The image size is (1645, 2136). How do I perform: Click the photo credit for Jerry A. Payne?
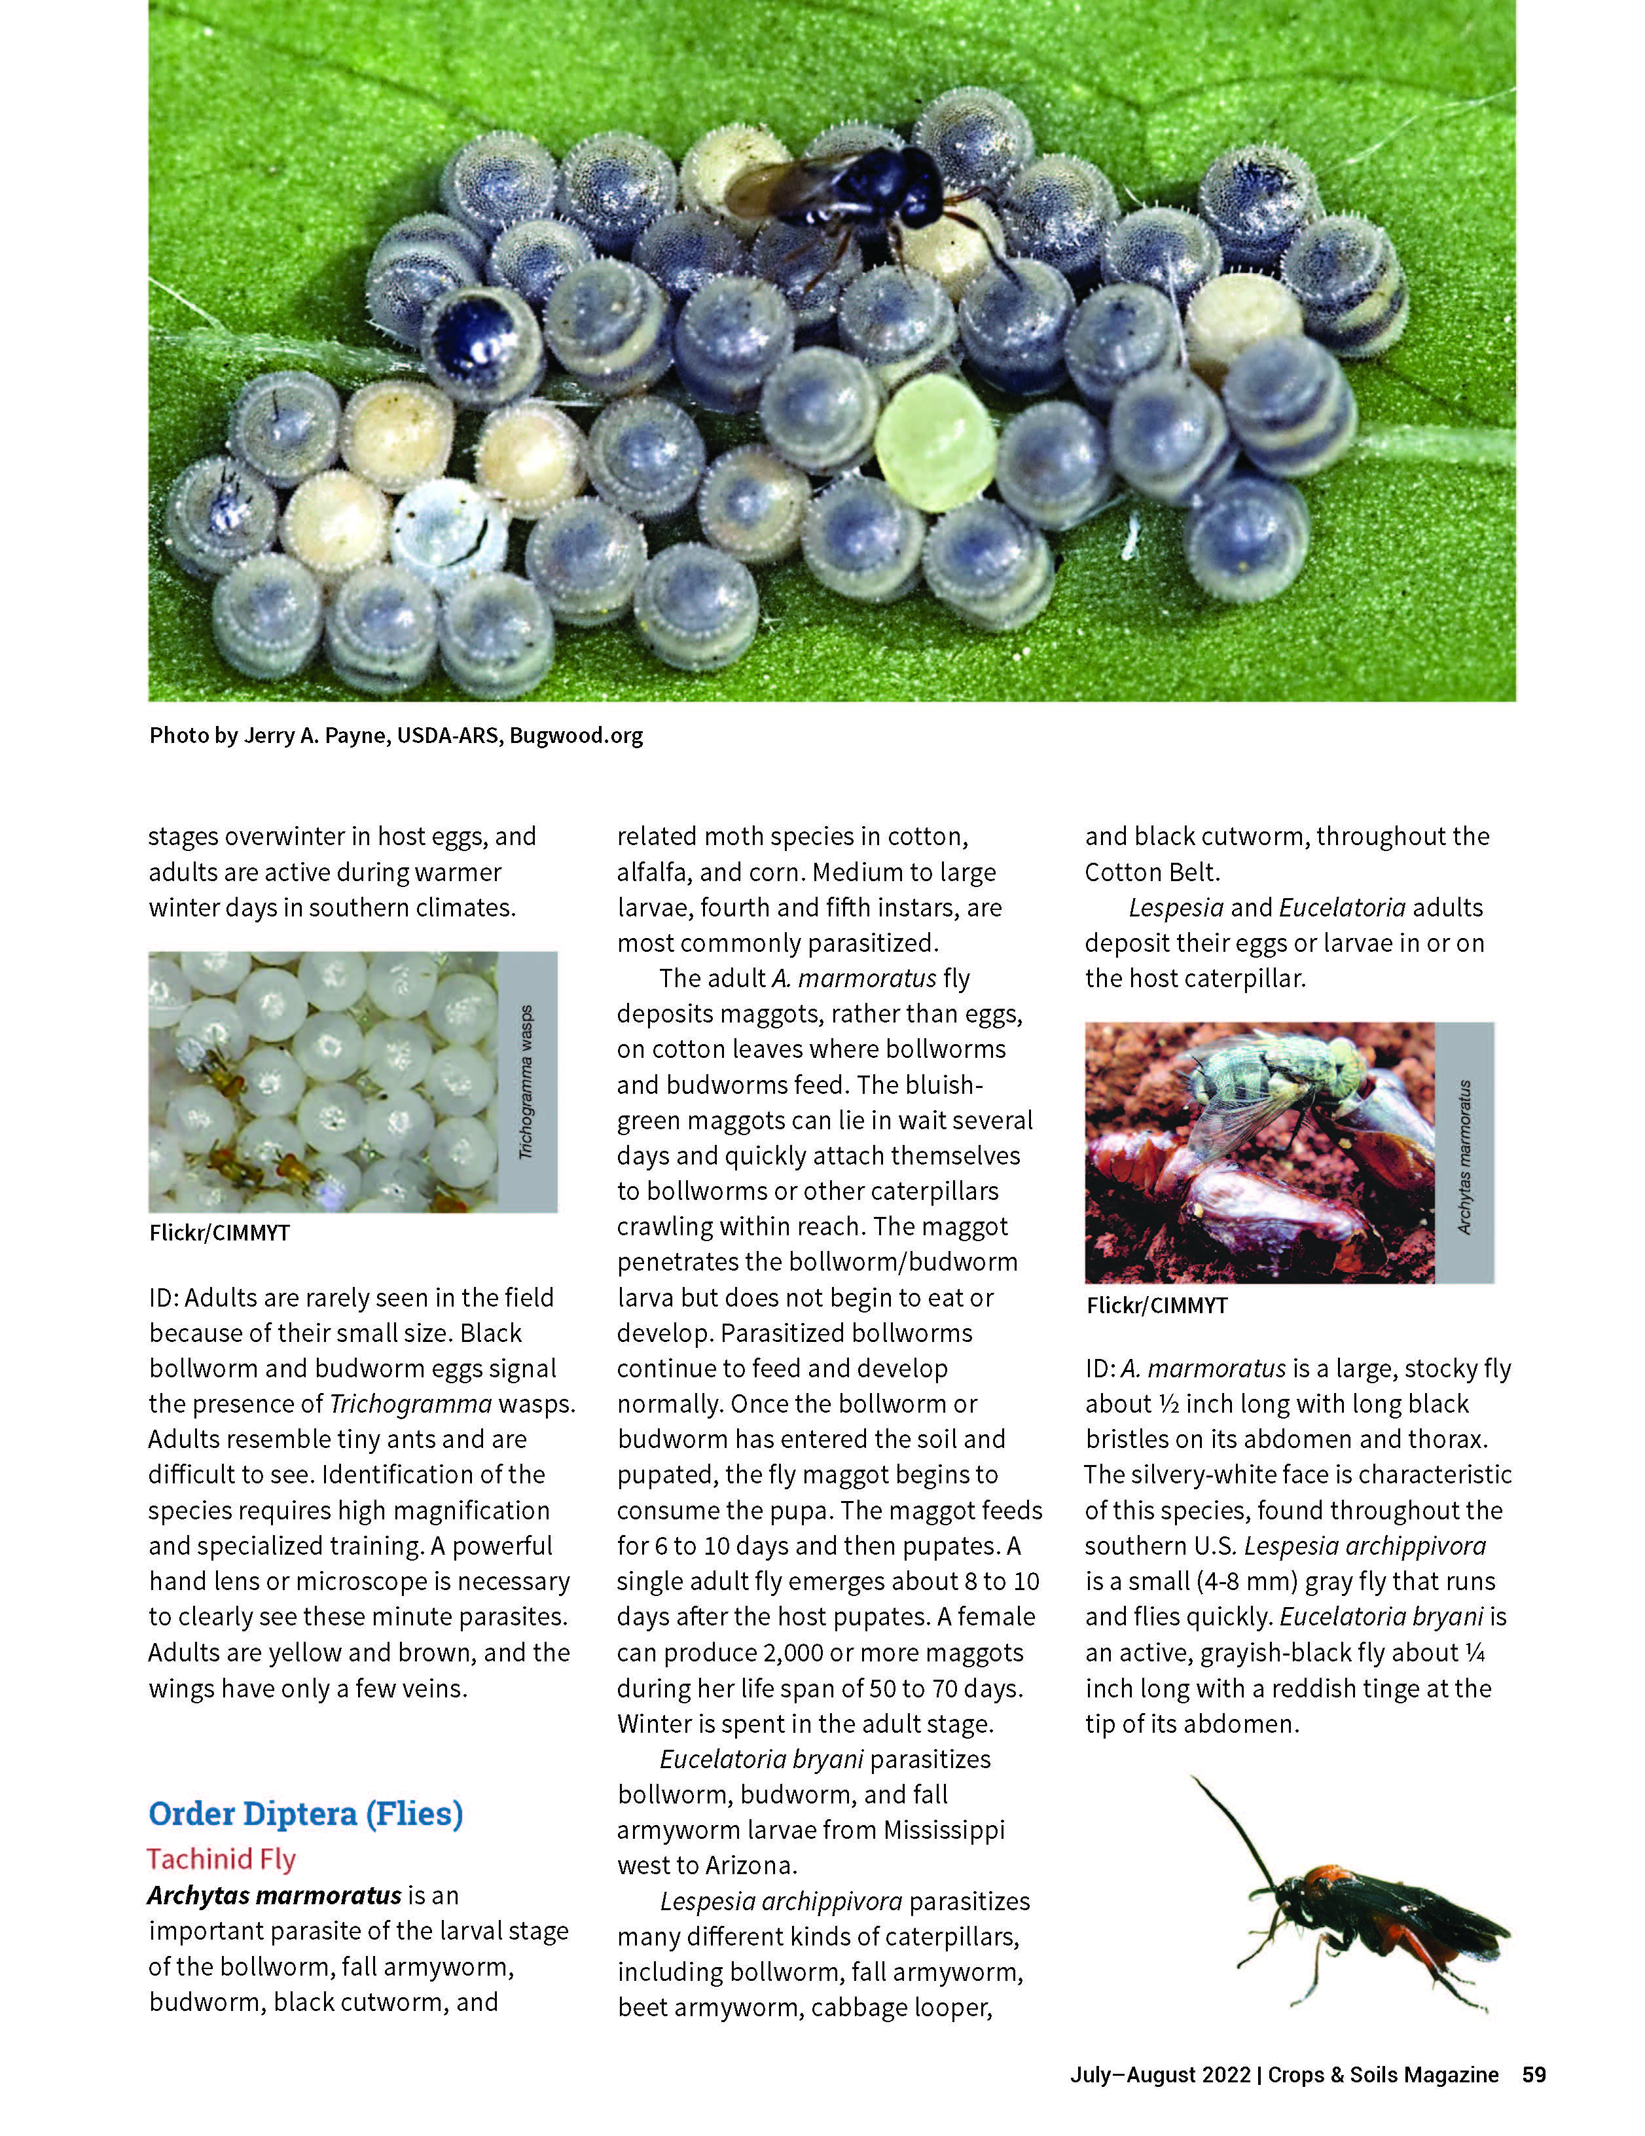[395, 736]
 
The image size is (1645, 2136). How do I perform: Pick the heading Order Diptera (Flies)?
[305, 1813]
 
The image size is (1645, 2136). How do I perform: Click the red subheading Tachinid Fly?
[221, 1858]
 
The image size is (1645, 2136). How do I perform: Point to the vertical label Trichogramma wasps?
[527, 1081]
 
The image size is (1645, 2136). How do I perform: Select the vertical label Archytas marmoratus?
[1464, 1156]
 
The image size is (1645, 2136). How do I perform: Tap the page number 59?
[1534, 2074]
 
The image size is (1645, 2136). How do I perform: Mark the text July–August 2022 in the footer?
[1160, 2074]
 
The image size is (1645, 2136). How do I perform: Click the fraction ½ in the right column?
[1168, 1403]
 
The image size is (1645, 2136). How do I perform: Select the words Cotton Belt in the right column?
[1150, 871]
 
